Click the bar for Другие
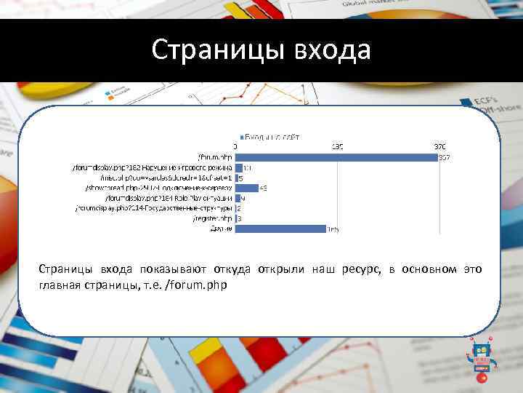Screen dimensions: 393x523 pos(280,229)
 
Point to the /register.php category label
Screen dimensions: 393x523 pos(213,218)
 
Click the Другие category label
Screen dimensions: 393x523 pos(221,229)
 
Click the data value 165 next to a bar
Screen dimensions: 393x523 pos(332,229)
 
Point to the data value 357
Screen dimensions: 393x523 pos(444,157)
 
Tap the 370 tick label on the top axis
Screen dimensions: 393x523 pos(441,146)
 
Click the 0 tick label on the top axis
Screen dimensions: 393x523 pos(234,146)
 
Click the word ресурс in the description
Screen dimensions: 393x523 pos(360,270)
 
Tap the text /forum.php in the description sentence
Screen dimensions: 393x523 pos(197,285)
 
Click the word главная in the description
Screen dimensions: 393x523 pos(60,285)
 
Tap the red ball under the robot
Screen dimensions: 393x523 pos(481,378)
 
